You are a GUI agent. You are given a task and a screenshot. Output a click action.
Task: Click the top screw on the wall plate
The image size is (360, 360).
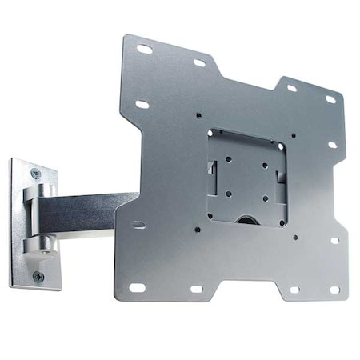(34, 173)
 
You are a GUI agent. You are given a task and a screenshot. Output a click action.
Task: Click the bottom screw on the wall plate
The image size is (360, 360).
(37, 276)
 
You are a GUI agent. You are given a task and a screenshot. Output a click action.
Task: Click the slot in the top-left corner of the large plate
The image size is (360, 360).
(144, 50)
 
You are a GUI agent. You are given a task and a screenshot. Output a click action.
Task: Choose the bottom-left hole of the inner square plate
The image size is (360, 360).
(229, 193)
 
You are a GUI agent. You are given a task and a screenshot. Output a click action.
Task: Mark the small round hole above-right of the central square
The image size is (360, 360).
(294, 135)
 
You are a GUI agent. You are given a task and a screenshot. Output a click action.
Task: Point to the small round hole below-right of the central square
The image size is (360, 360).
(295, 237)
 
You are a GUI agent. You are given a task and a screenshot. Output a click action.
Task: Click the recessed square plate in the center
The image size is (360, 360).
(246, 176)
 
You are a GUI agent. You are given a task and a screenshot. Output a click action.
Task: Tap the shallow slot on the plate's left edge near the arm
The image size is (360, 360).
(138, 225)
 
